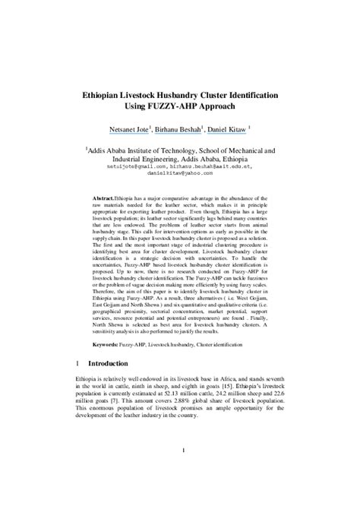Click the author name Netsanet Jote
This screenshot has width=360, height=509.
(130, 130)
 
